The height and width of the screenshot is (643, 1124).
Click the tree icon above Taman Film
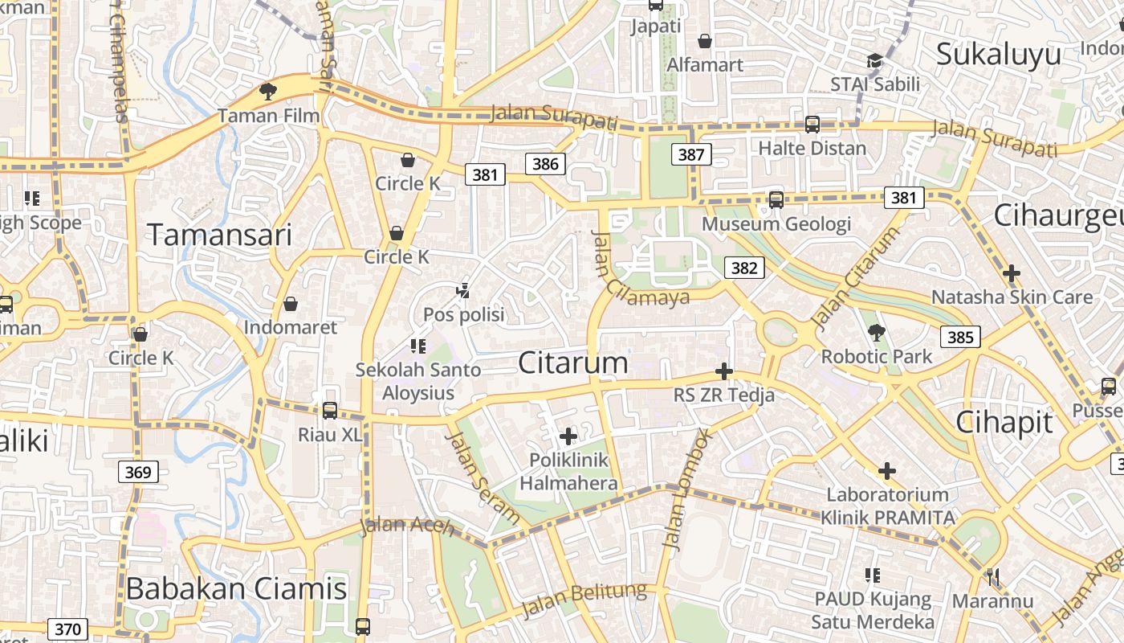point(268,92)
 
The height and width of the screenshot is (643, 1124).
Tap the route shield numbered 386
point(545,165)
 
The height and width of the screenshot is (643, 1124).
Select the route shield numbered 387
point(690,154)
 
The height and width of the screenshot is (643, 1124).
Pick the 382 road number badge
point(743,268)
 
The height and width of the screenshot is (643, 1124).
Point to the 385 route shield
point(960,337)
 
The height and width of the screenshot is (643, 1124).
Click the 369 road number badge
point(138,472)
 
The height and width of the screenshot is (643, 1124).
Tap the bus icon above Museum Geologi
point(776,200)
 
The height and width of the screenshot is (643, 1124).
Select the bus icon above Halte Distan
point(812,125)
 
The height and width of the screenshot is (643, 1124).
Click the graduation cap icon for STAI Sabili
point(874,61)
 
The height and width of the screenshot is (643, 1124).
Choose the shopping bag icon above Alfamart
point(705,41)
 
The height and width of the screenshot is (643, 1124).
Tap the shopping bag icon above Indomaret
point(291,304)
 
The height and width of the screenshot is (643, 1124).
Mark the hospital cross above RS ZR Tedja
point(723,371)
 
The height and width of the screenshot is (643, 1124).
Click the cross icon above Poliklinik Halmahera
point(568,436)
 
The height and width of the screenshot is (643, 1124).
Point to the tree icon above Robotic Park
point(876,332)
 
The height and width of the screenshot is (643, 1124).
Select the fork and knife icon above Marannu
point(992,577)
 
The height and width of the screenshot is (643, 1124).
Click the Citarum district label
point(573,363)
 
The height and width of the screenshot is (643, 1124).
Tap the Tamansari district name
point(219,235)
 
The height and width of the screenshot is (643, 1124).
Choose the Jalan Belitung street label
point(584,600)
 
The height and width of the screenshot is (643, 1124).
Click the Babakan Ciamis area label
point(236,589)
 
